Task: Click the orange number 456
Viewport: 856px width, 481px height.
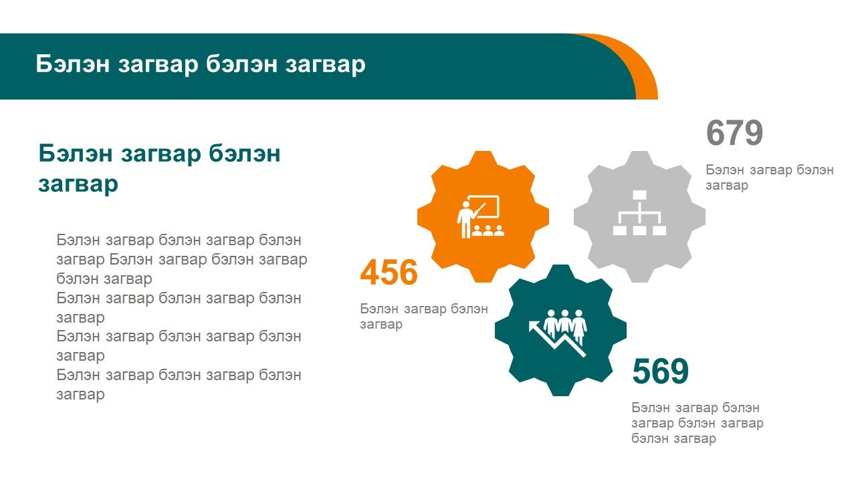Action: (389, 272)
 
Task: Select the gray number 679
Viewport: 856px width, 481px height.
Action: (734, 133)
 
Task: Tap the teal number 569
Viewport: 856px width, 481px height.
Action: (660, 371)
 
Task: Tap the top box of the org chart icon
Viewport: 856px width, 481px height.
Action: (639, 195)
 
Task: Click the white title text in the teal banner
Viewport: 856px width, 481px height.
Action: (201, 63)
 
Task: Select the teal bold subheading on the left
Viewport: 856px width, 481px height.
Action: (159, 168)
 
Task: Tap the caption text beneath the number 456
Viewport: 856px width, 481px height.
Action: (424, 316)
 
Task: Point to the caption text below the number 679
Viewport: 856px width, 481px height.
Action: (770, 177)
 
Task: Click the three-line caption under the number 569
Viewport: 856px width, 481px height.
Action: (698, 423)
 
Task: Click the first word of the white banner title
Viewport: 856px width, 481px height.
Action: (73, 63)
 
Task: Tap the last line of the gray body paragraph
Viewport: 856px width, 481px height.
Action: (80, 395)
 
